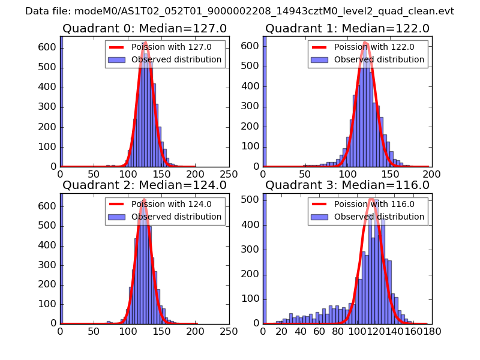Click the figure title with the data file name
click(x=239, y=11)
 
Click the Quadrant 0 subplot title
click(x=145, y=29)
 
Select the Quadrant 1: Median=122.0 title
click(x=347, y=29)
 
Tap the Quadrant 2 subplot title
click(x=145, y=185)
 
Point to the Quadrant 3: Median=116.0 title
click(x=347, y=185)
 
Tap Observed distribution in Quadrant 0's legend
click(x=176, y=60)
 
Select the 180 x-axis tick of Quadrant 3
click(x=431, y=331)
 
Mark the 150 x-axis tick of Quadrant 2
click(x=161, y=331)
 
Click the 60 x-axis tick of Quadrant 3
click(x=319, y=331)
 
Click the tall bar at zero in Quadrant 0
click(x=61, y=102)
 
